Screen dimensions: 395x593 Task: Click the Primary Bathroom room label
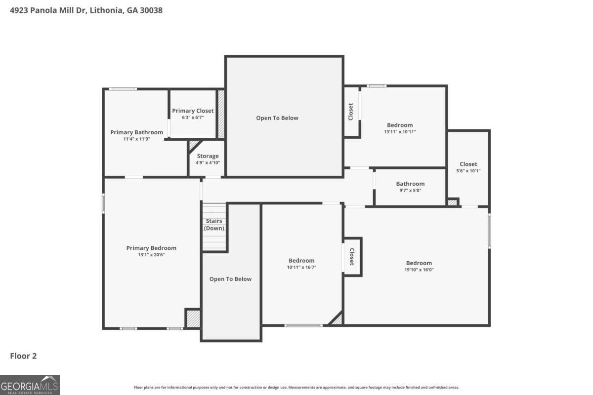[x=136, y=132]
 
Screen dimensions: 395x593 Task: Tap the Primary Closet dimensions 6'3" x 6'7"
[x=193, y=118]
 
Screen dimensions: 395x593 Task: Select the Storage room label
[x=208, y=156]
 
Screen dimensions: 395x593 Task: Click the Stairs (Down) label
[x=213, y=225]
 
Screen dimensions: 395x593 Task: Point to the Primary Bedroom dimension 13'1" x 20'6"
[x=151, y=255]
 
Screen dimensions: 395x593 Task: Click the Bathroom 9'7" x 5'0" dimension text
[x=410, y=191]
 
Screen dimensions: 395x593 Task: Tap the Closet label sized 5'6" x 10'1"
[x=468, y=164]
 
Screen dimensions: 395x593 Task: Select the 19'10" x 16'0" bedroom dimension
[x=419, y=270]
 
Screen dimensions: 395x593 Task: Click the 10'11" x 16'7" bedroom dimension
[x=301, y=267]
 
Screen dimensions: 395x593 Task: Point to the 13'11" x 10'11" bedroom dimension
[x=400, y=132]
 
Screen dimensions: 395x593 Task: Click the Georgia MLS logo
[x=30, y=385]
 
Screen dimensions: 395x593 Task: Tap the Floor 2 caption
[x=24, y=355]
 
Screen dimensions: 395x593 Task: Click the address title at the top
[x=86, y=10]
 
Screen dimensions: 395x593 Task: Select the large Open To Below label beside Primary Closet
[x=277, y=118]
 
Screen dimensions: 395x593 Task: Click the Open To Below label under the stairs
[x=230, y=279]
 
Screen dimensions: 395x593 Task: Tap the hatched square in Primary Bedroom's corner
[x=193, y=318]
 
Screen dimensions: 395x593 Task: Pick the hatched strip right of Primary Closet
[x=221, y=114]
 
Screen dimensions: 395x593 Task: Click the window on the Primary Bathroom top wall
[x=123, y=89]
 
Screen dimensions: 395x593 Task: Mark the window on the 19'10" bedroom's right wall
[x=489, y=230]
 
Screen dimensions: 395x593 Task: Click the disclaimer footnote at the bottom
[x=296, y=388]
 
